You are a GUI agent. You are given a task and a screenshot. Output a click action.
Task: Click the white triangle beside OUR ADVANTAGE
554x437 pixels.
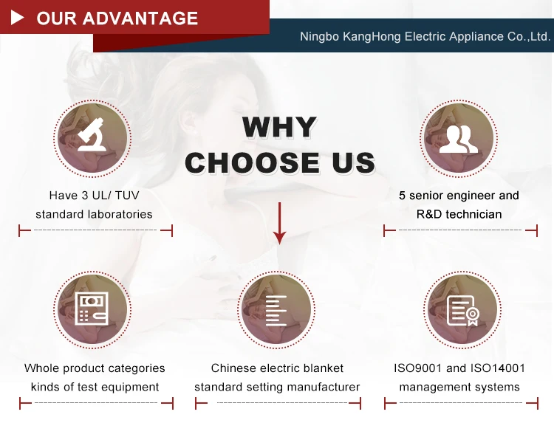pyautogui.click(x=17, y=18)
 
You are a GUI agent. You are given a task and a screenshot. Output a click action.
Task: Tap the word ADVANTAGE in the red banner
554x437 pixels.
pyautogui.click(x=140, y=18)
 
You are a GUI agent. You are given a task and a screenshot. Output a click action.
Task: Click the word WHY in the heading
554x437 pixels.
pyautogui.click(x=279, y=127)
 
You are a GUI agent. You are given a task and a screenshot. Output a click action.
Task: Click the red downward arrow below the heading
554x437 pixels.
pyautogui.click(x=279, y=223)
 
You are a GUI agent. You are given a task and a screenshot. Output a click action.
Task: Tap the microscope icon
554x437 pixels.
pyautogui.click(x=92, y=134)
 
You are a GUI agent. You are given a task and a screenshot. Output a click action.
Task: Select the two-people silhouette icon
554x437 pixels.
pyautogui.click(x=459, y=140)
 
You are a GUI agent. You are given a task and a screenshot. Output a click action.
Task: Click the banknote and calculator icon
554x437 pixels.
pyautogui.click(x=92, y=309)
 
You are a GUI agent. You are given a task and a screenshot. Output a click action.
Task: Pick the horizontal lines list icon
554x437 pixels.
pyautogui.click(x=276, y=310)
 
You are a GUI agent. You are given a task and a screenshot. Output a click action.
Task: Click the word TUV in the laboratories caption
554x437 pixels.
pyautogui.click(x=127, y=195)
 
